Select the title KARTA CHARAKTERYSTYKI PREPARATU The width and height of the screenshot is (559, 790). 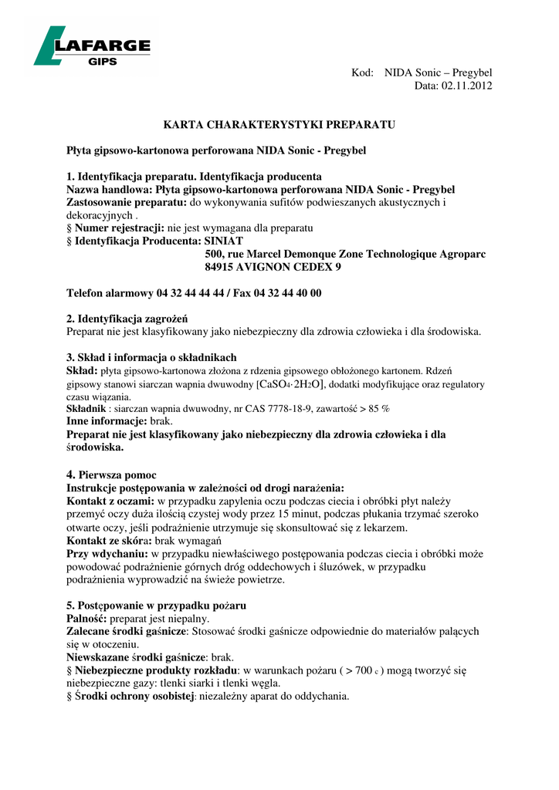click(x=279, y=123)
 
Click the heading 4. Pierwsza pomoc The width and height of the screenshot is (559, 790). click(x=112, y=475)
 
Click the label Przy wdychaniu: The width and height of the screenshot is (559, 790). click(x=107, y=554)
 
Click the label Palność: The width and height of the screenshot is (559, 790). click(x=86, y=619)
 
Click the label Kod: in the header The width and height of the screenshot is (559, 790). click(x=362, y=73)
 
